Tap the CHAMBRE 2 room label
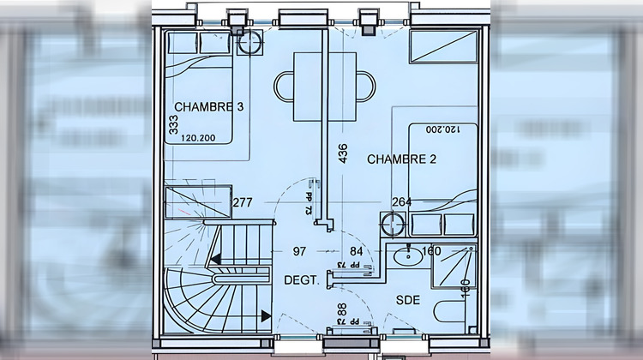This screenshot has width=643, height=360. click(x=402, y=159)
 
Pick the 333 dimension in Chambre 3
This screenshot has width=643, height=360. click(x=173, y=127)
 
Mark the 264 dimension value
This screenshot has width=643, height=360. click(x=401, y=202)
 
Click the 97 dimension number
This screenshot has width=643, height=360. click(x=300, y=251)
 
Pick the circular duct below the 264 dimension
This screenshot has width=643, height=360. click(x=394, y=224)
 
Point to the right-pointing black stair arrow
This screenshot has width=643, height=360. click(x=267, y=316)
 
